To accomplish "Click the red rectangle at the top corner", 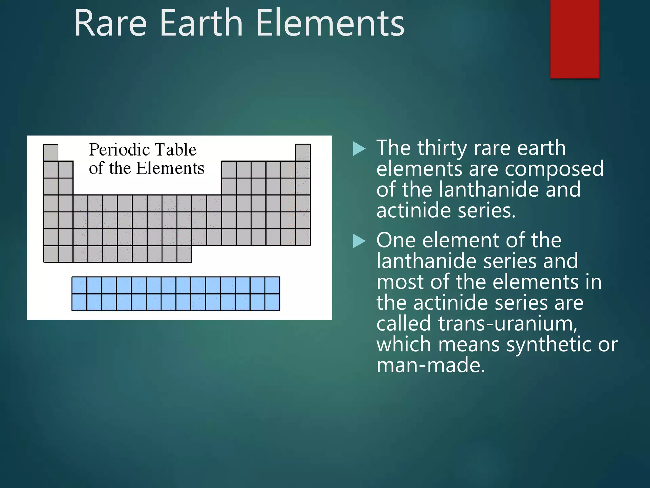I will click(x=574, y=39).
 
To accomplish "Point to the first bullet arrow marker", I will click(x=359, y=149).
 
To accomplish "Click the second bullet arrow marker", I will click(x=359, y=241).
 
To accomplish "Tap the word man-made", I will click(x=431, y=365).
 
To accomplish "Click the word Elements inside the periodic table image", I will click(x=170, y=168).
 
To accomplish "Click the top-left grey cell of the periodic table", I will click(x=50, y=153).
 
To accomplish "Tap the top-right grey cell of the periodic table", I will click(x=303, y=153).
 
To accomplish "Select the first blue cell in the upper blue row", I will click(x=79, y=285).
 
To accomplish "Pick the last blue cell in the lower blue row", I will click(x=272, y=302).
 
